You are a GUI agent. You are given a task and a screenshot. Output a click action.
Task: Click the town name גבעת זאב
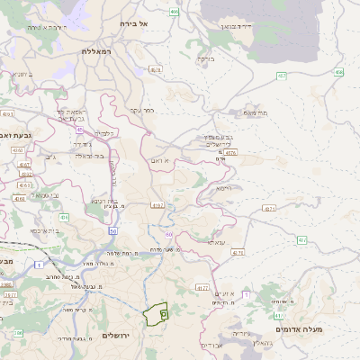click(15, 134)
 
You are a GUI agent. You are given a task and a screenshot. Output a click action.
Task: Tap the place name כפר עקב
click(143, 111)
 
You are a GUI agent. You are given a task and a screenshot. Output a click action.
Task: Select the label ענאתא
click(217, 241)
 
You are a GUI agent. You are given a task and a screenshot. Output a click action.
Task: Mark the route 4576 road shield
click(231, 154)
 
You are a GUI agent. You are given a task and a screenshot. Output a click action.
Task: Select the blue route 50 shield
click(112, 231)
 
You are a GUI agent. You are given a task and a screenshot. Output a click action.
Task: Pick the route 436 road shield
click(64, 217)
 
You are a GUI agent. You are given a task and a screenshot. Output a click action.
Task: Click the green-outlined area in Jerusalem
click(154, 314)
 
